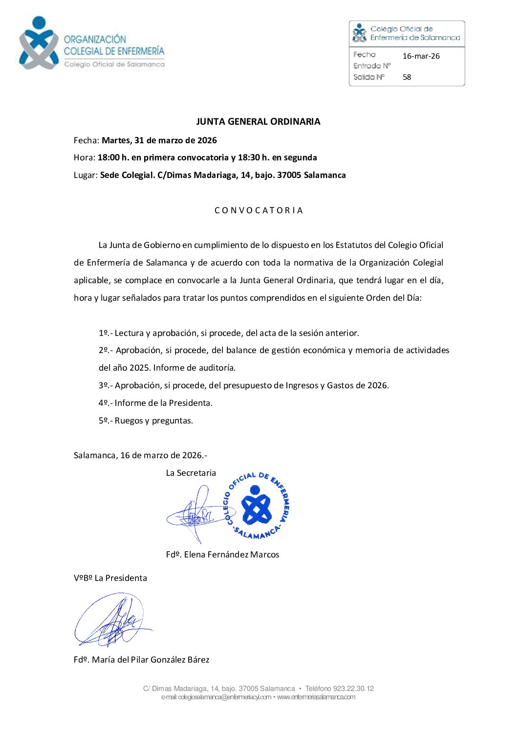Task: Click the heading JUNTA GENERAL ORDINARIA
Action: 258,122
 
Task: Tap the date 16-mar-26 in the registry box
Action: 421,56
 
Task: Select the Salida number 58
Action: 407,77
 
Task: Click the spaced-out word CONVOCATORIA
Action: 258,210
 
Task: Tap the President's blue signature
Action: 112,620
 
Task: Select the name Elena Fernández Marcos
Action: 232,555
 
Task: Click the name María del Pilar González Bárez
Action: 151,660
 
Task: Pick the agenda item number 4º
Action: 104,403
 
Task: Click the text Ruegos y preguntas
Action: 153,421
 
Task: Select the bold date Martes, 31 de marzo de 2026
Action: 159,140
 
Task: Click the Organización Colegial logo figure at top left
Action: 39,43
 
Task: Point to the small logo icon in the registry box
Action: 359,32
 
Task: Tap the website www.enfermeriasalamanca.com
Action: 316,697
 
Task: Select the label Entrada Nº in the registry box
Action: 372,66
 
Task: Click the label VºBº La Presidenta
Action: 110,578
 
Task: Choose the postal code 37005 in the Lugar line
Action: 289,175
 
